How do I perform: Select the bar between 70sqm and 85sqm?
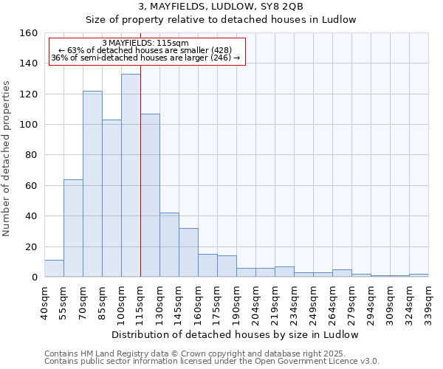pos(92,184)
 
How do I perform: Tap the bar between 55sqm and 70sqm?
pos(73,228)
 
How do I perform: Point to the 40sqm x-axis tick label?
pos(44,300)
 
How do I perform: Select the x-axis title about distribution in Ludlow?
pos(236,334)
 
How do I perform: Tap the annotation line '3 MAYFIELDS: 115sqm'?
pos(145,44)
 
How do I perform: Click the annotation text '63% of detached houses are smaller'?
pos(145,50)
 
